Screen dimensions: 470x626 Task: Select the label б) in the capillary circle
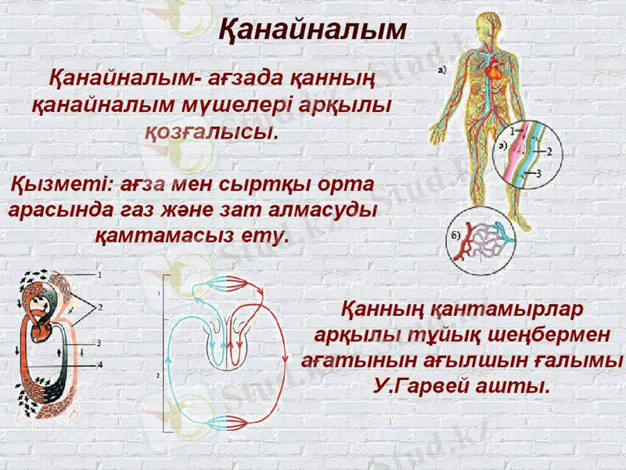pos(453,234)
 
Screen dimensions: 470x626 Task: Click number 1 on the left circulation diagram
pos(100,275)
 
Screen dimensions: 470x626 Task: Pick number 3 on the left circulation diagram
pos(99,342)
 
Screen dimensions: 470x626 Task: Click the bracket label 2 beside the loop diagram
pos(159,375)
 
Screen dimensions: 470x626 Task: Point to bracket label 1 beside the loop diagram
pos(159,292)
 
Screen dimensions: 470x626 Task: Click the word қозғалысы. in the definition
pos(211,130)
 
